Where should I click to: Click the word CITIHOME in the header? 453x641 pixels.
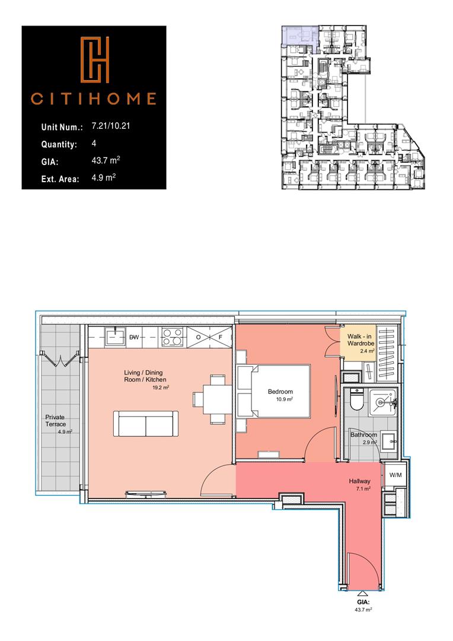[x=94, y=99]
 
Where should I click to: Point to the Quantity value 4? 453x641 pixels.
[x=94, y=144]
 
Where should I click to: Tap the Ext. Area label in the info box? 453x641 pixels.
[x=60, y=177]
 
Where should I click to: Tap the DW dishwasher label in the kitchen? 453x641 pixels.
[x=135, y=337]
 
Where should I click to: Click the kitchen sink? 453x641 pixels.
[x=113, y=337]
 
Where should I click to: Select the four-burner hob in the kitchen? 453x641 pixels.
[x=172, y=337]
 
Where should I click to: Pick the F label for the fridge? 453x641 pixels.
[x=220, y=337]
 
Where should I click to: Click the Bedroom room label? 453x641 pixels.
[x=280, y=392]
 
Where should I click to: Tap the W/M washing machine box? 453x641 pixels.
[x=394, y=475]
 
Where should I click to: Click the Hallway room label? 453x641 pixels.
[x=360, y=481]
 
